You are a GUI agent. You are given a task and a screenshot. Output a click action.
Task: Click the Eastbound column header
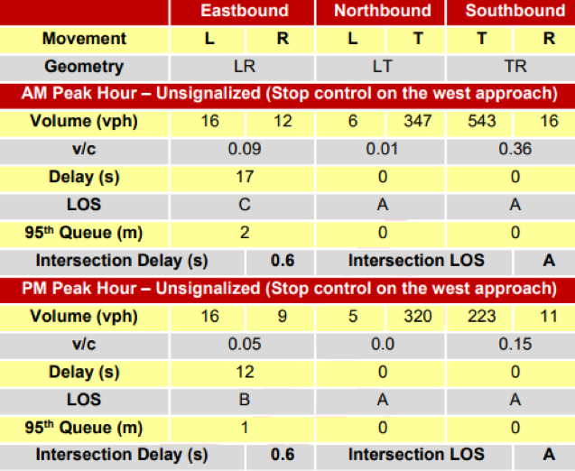[245, 11]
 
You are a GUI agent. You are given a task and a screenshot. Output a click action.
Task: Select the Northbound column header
[383, 11]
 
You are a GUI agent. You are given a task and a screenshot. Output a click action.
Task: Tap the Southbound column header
[515, 11]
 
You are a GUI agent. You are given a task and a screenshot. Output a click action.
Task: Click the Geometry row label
[84, 67]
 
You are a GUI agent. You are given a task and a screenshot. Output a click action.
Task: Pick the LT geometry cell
[383, 67]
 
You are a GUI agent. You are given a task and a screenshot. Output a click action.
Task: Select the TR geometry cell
[515, 67]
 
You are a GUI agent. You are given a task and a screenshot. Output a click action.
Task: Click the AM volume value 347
[418, 121]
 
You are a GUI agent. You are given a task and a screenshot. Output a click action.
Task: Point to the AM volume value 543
[482, 121]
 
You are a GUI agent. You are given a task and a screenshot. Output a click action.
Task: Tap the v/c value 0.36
[515, 149]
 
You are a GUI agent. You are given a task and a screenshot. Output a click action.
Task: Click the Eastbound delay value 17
[245, 177]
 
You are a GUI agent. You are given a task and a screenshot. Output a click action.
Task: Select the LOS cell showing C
[245, 205]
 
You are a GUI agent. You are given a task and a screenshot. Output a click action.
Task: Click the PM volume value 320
[418, 316]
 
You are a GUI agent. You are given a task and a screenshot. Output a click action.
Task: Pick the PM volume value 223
[482, 316]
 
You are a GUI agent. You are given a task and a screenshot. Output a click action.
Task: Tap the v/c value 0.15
[515, 344]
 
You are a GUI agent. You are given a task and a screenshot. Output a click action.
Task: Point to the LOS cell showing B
[245, 399]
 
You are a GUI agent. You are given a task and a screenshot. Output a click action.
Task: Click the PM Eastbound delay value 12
[245, 372]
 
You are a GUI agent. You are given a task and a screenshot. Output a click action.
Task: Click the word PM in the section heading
[34, 288]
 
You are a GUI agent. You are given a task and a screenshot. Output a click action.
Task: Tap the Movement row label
[84, 39]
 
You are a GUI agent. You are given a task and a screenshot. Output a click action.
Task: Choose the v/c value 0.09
[245, 149]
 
